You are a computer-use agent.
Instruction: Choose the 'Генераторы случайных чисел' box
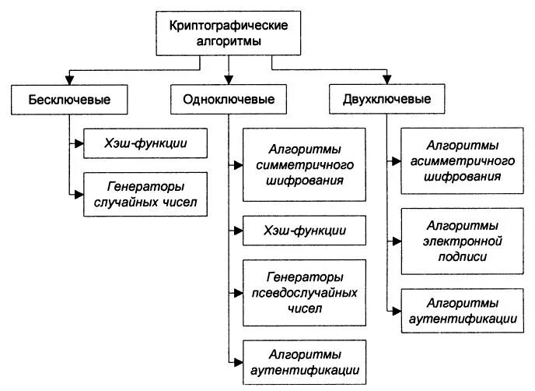coord(145,194)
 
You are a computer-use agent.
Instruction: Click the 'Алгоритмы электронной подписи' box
coord(463,241)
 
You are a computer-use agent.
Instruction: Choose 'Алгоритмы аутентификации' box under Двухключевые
coord(463,309)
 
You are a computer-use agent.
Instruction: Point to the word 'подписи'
coord(463,255)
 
